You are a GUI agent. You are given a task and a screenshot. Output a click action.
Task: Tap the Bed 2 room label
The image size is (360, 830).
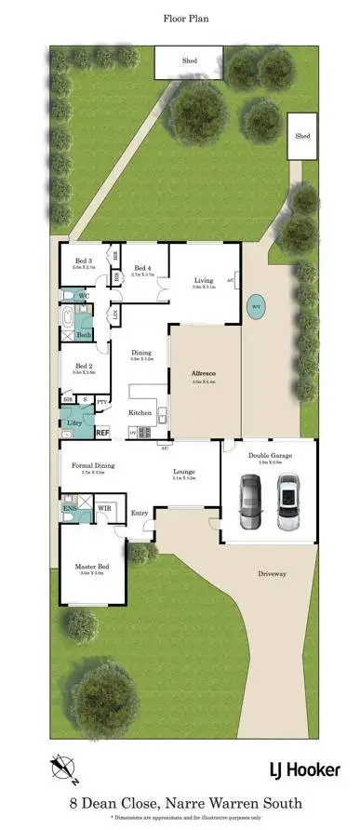coord(85,367)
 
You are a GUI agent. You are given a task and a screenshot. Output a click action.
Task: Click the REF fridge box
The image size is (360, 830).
coord(102,432)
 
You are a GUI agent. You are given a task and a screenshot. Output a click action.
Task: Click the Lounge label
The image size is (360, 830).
coord(183,472)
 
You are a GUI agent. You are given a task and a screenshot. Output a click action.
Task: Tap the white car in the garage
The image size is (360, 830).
coord(288,502)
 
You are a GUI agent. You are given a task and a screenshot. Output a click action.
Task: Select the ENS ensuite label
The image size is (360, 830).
coord(69,509)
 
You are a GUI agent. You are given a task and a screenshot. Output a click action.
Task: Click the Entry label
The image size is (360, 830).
coord(140,513)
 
